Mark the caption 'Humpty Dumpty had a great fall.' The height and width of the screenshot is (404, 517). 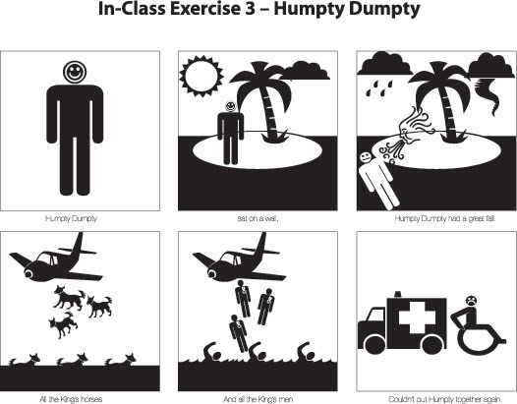coord(435,218)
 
